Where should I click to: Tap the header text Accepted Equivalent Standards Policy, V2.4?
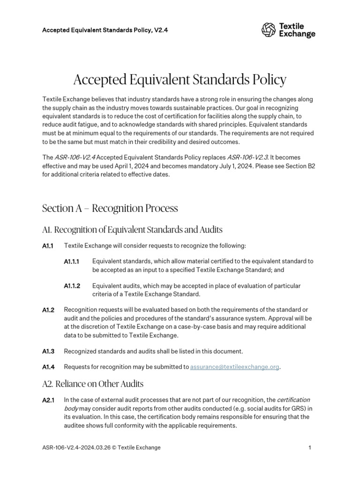tap(105, 30)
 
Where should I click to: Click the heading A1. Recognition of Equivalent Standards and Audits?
tap(132, 230)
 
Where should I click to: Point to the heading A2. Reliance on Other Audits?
tap(93, 383)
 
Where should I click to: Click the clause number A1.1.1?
tap(72, 262)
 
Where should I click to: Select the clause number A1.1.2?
tap(72, 286)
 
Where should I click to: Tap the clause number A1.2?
tap(48, 310)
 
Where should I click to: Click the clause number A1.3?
tap(48, 351)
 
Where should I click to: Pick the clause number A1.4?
tap(48, 367)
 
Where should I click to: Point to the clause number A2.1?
tap(48, 400)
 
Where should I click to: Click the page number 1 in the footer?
tap(310, 448)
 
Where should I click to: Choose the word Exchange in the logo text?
tap(300, 34)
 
